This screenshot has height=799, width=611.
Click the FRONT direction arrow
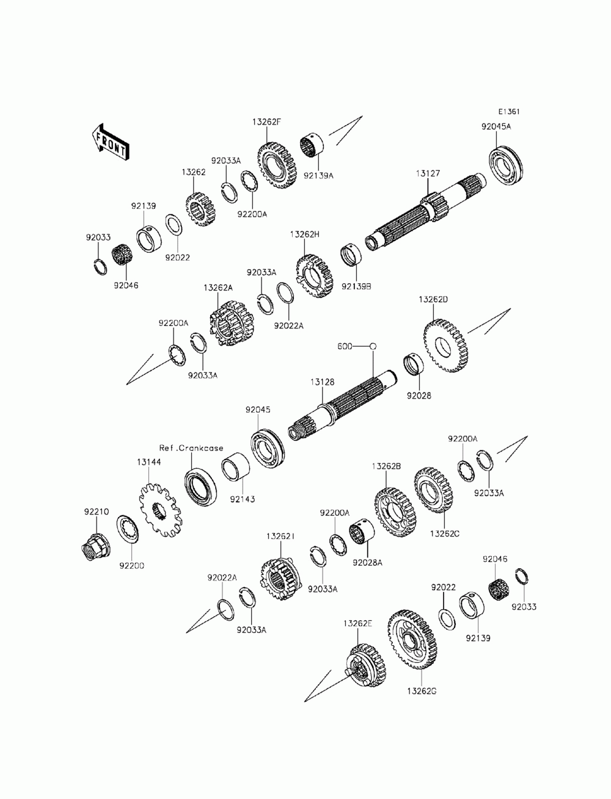click(x=109, y=143)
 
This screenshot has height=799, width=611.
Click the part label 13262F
click(x=266, y=121)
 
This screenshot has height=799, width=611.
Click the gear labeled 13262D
click(x=446, y=346)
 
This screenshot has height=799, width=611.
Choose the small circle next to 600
click(x=373, y=346)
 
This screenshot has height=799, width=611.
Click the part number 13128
click(x=321, y=381)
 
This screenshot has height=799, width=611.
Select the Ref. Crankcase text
click(x=192, y=447)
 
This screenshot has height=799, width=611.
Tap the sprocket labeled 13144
click(x=160, y=510)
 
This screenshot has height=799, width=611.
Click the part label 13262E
click(x=357, y=623)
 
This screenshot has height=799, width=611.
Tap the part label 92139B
click(x=356, y=285)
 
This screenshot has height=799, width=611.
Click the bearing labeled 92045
click(x=267, y=448)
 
